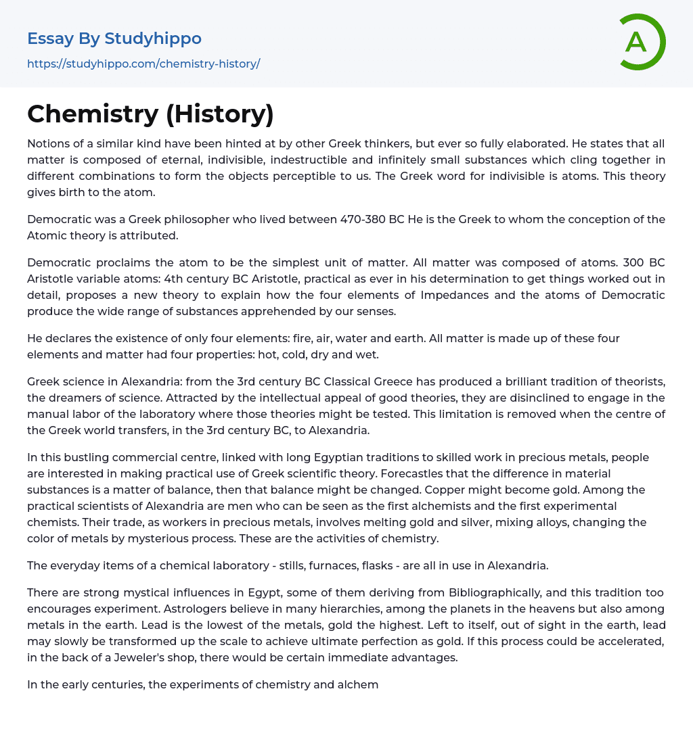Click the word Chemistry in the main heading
click(92, 114)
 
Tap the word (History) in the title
click(220, 114)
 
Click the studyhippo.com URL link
click(143, 64)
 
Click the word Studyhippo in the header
click(153, 39)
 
